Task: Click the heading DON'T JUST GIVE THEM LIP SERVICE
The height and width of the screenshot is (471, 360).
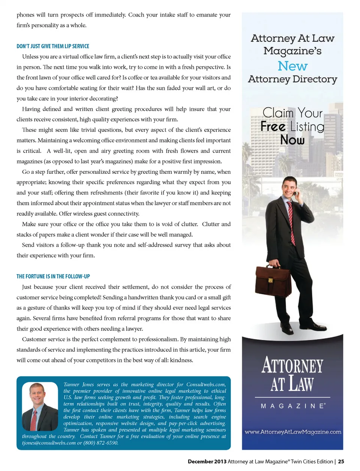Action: (53, 46)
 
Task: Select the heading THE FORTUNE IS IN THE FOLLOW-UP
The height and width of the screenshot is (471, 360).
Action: (53, 276)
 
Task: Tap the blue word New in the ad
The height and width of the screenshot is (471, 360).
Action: (292, 66)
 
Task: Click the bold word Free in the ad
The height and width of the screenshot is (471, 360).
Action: (273, 126)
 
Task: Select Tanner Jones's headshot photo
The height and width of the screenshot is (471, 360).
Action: (40, 406)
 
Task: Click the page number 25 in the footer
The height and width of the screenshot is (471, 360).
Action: (341, 462)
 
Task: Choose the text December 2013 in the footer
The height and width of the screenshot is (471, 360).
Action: (207, 462)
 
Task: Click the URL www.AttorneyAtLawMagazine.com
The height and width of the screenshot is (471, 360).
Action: (293, 432)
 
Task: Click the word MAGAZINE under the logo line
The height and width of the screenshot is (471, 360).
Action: (293, 406)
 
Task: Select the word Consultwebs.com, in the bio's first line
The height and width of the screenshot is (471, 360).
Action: (206, 385)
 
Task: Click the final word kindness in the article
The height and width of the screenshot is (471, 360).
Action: (181, 360)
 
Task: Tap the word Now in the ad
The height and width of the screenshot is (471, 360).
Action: (292, 140)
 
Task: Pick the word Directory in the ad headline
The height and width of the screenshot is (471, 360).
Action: (315, 79)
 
